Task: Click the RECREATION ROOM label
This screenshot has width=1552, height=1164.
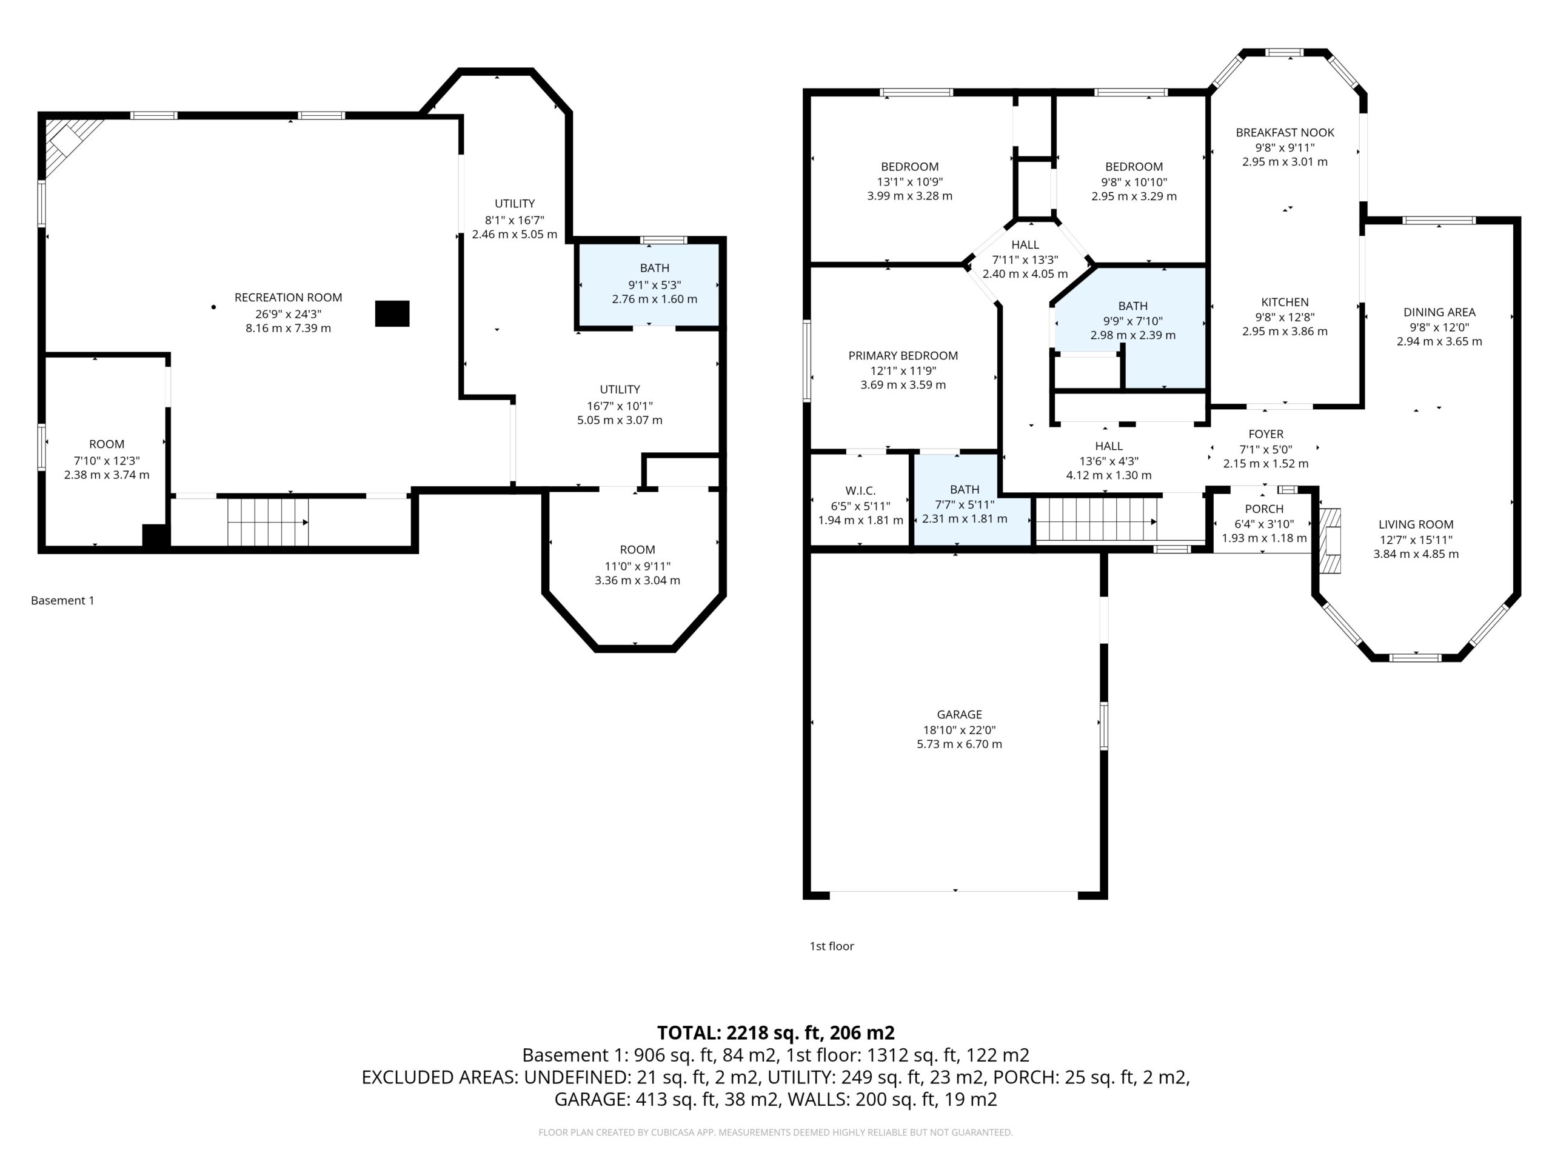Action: click(288, 298)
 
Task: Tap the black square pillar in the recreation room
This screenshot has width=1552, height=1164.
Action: click(392, 313)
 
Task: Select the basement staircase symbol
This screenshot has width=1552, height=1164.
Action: click(267, 522)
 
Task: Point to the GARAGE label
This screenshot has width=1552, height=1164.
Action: click(959, 714)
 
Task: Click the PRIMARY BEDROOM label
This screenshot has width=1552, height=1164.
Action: click(903, 356)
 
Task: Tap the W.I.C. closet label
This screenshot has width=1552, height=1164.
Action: click(860, 491)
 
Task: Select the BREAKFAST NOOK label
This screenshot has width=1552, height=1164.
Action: click(1285, 133)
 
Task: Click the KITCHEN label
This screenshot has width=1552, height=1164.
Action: click(1285, 303)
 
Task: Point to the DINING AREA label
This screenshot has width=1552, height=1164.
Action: click(1439, 312)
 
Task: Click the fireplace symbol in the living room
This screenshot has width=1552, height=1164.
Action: click(1331, 541)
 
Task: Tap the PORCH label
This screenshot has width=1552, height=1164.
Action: click(1264, 509)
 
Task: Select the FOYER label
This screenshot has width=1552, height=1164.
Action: click(1266, 434)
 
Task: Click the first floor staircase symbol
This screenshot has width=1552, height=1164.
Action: click(1097, 520)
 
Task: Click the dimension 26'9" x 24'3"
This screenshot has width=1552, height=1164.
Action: click(288, 314)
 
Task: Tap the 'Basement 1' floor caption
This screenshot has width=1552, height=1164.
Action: click(62, 601)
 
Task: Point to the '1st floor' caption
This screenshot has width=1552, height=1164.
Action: click(831, 946)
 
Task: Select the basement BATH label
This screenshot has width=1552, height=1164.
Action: click(654, 268)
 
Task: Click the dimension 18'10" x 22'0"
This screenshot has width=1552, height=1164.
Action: click(959, 731)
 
